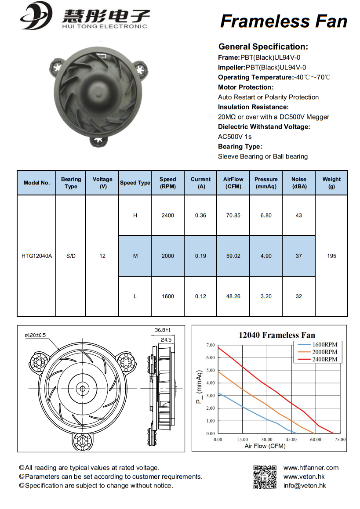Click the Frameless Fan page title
284,21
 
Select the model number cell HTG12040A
36,256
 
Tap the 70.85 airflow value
233,215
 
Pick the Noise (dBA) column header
299,182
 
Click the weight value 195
332,256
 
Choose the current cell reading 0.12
200,296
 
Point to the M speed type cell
135,256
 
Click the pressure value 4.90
266,256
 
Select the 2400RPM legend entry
324,360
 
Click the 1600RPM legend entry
324,345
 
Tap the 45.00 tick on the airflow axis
291,439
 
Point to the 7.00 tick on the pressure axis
210,345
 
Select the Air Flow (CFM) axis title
265,446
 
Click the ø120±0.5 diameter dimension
35,335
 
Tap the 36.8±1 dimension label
162,329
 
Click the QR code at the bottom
265,477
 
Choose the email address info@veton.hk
305,486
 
